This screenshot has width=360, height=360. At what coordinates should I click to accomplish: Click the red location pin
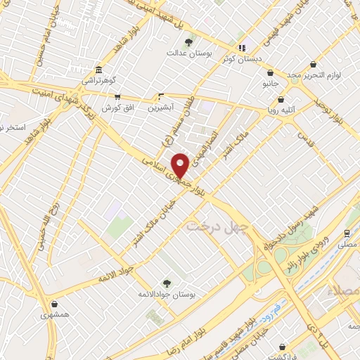(x=180, y=165)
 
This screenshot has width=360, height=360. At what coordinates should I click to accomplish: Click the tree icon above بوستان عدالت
(x=188, y=42)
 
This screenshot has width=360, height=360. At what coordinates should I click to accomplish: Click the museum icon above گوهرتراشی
(x=98, y=70)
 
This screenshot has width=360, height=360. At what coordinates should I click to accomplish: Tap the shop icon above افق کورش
(x=117, y=97)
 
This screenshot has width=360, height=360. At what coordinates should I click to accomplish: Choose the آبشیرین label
(x=162, y=109)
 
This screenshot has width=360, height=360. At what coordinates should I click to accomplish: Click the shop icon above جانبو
(x=270, y=72)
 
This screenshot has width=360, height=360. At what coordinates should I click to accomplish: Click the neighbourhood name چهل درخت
(x=212, y=226)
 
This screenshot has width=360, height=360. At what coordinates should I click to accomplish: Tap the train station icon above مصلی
(x=347, y=233)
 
